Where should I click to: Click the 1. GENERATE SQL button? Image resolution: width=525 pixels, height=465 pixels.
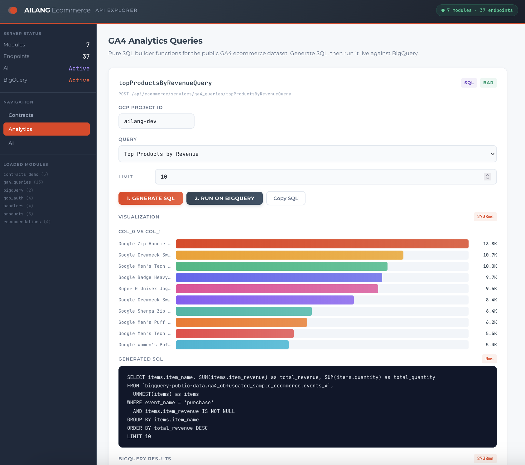(x=151, y=198)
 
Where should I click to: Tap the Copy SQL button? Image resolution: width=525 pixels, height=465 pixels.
(x=286, y=198)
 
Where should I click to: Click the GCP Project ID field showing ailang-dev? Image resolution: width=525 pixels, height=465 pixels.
(x=156, y=121)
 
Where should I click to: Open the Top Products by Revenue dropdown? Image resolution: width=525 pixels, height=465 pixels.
(x=307, y=154)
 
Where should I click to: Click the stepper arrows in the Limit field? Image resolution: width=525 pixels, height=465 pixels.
(x=487, y=177)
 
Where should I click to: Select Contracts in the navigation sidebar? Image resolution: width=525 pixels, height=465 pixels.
(x=21, y=115)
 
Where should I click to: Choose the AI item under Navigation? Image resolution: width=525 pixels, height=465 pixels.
(x=11, y=143)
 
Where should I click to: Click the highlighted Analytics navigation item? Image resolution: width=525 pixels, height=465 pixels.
(x=46, y=129)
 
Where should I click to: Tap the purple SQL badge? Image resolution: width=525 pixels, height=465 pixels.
(x=469, y=83)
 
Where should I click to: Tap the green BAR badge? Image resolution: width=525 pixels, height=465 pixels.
(x=488, y=83)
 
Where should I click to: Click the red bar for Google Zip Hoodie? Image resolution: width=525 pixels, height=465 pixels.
(x=322, y=244)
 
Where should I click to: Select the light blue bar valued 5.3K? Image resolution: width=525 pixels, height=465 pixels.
(x=232, y=345)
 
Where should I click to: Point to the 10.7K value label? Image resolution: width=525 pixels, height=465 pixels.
(x=490, y=255)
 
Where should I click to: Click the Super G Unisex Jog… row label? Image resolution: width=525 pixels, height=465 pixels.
(x=144, y=289)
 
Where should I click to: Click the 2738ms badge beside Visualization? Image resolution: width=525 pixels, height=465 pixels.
(x=485, y=217)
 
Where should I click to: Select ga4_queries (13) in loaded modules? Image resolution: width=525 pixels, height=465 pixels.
(x=23, y=182)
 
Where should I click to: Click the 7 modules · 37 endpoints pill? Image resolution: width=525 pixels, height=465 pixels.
(x=477, y=10)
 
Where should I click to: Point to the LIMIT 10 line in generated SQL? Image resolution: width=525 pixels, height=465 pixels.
(x=139, y=436)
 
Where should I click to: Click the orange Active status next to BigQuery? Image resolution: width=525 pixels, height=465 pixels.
(x=79, y=80)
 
